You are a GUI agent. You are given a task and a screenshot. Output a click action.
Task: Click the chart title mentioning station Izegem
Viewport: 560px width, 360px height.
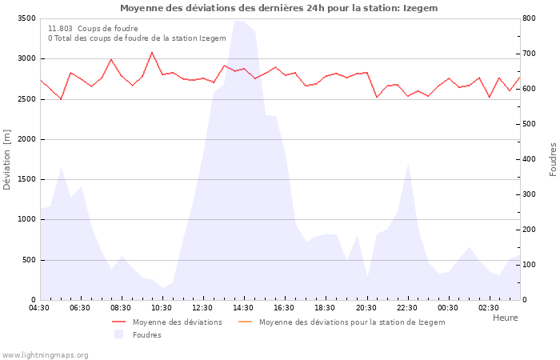[279, 8]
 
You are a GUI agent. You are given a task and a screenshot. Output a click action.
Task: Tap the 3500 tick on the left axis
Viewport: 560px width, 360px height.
[25, 18]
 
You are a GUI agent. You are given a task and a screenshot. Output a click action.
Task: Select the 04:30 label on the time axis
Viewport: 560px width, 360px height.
[39, 308]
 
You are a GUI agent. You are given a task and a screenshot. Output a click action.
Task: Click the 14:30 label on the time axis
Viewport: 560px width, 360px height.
[243, 308]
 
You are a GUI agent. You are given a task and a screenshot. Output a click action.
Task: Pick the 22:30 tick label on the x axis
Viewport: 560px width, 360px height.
[406, 308]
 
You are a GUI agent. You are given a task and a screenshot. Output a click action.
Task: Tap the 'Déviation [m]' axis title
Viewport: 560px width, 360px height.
[8, 158]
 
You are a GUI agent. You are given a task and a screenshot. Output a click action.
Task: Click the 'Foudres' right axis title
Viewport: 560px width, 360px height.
[553, 158]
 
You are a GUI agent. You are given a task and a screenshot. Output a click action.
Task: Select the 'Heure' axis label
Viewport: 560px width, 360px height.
[505, 318]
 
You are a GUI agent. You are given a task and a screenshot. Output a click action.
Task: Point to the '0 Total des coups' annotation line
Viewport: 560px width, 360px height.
[137, 38]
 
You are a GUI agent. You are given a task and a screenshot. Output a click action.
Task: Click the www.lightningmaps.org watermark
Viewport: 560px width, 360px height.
[46, 354]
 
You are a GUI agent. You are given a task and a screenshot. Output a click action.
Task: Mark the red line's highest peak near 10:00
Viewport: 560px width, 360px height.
[152, 53]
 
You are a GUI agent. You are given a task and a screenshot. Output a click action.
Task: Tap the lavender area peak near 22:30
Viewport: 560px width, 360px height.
[409, 163]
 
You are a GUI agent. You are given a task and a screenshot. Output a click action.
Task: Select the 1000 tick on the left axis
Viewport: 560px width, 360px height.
[25, 219]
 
